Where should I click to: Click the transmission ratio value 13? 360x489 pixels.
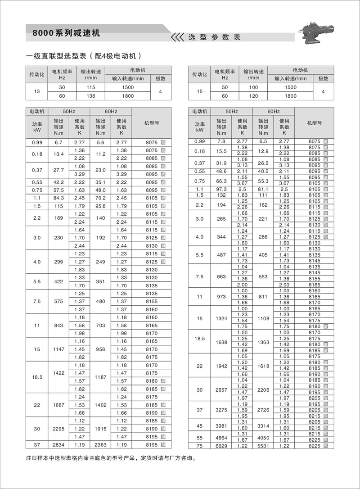coord(37,91)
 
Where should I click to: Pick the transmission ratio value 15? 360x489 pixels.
coord(200,91)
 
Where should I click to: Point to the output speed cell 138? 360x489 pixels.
coord(91,96)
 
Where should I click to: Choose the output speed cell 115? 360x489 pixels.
coord(91,87)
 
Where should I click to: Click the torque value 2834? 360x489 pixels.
coord(58,445)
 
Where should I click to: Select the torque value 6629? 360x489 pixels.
coord(221,446)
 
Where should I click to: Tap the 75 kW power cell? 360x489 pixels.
coord(199,446)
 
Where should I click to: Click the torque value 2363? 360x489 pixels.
coord(100,445)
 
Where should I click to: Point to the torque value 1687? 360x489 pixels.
coord(58,405)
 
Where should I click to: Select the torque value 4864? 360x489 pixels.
coord(221,437)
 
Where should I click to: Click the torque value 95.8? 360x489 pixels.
coord(100,206)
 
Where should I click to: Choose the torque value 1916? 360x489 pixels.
coord(100,429)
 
